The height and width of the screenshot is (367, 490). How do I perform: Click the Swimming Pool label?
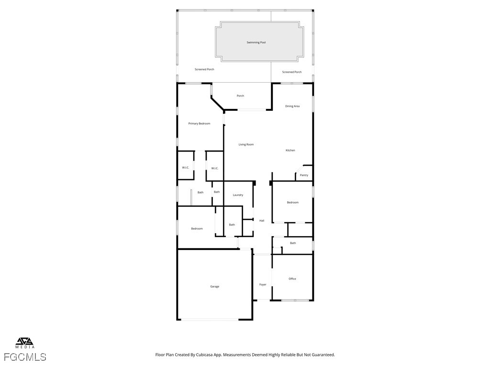256,43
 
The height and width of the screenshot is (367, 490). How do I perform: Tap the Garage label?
215,287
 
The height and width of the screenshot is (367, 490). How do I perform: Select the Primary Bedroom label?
199,124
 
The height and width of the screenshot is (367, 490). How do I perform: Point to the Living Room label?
246,144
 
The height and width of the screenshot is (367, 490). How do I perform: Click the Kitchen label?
290,151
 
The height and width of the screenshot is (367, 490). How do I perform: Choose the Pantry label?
304,175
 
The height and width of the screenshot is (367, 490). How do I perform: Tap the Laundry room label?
238,195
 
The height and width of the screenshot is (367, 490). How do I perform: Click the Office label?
292,279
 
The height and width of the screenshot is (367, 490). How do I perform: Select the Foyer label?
263,285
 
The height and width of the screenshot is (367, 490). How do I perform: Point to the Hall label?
262,221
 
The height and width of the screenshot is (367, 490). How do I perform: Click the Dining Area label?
292,106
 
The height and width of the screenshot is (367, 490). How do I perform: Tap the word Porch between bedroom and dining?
240,96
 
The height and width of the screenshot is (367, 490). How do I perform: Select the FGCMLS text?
25,357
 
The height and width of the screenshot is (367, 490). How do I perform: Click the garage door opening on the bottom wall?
211,319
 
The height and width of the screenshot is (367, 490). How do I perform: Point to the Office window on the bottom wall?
295,300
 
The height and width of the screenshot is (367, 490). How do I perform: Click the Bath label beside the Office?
293,243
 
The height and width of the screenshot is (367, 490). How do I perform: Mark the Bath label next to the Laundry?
217,192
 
